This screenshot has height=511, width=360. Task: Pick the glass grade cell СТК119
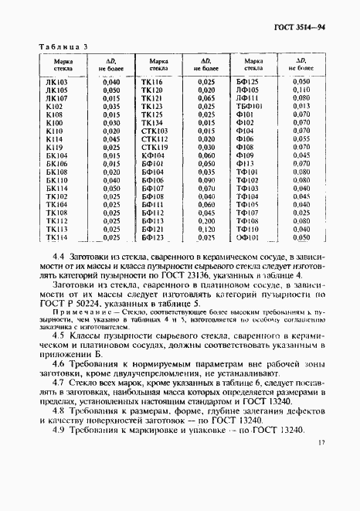[154, 147]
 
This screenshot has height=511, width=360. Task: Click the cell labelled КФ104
[154, 155]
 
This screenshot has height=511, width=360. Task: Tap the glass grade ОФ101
[247, 237]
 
